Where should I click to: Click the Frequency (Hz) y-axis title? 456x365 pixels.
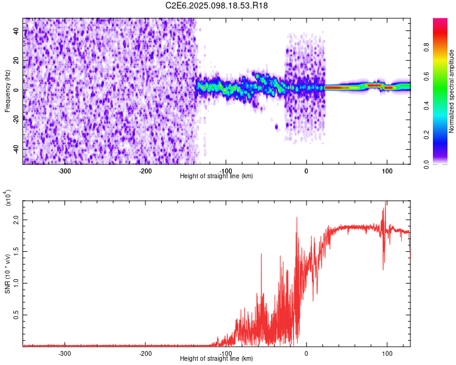click(7, 91)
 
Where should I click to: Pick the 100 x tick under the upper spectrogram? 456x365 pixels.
click(387, 170)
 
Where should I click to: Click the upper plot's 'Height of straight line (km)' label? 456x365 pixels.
click(216, 176)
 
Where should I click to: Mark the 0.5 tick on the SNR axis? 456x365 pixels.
click(16, 315)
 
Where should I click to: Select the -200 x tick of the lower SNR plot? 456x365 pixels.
click(145, 353)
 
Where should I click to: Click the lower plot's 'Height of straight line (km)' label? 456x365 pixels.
click(216, 359)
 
